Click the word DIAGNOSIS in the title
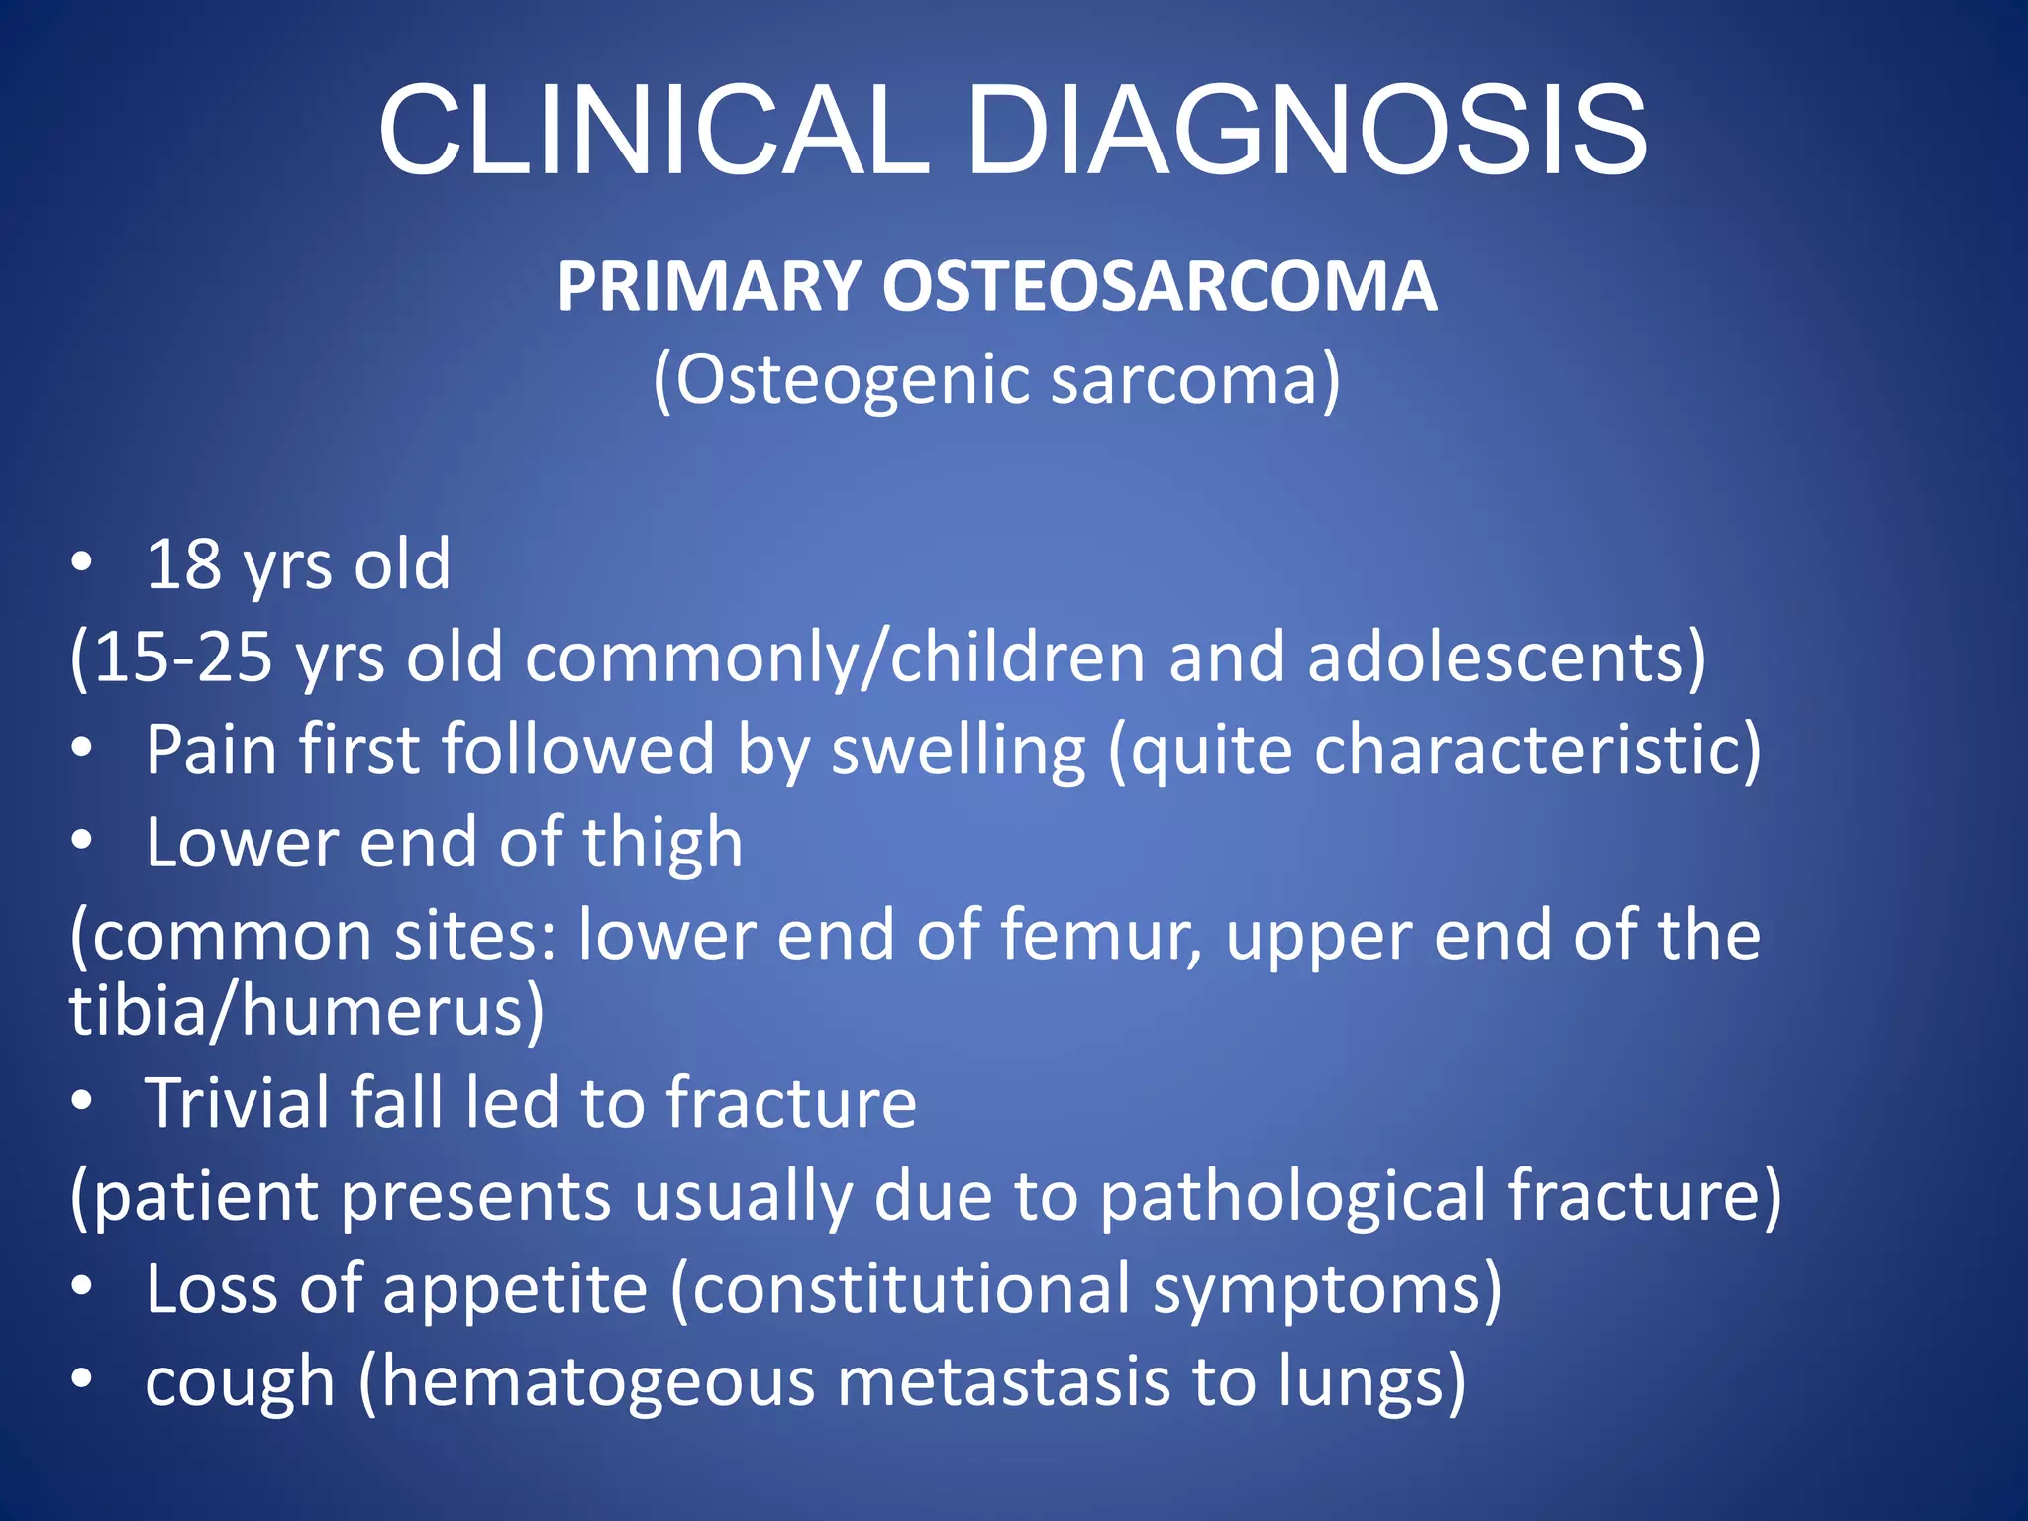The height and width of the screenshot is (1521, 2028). pos(1307,131)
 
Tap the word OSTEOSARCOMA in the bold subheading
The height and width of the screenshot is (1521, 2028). pos(1159,287)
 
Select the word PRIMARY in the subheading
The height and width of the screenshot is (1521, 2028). pos(708,287)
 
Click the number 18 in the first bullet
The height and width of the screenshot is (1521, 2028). pos(184,564)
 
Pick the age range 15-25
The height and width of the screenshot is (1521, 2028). pos(183,658)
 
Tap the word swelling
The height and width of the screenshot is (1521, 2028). pos(958,751)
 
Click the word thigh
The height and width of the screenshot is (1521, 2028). pos(661,844)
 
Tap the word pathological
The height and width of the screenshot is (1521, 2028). pos(1292,1196)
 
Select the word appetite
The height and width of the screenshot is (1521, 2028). pos(515,1289)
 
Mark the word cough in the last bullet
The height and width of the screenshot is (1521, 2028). pos(240,1383)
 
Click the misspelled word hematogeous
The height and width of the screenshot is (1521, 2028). pos(598,1383)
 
